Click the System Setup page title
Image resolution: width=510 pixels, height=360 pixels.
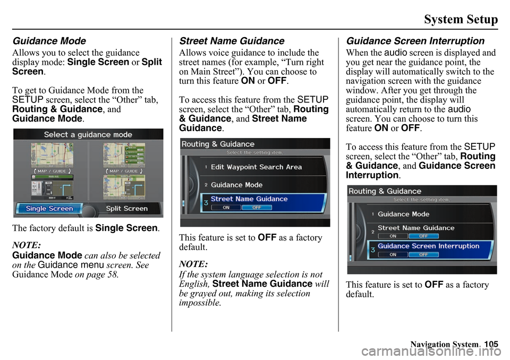click(x=461, y=20)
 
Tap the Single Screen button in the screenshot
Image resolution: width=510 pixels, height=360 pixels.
click(x=49, y=209)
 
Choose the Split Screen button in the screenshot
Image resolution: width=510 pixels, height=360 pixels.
click(x=127, y=209)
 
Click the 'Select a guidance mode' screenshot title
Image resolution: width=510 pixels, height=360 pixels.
click(x=88, y=134)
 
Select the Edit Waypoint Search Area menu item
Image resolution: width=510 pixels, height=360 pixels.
click(x=256, y=167)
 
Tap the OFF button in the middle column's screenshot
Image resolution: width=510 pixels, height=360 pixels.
click(x=256, y=208)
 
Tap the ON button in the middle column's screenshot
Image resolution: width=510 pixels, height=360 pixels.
click(x=226, y=208)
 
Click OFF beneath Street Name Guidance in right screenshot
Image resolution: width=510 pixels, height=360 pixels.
click(x=424, y=236)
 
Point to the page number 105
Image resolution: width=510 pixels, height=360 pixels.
click(x=491, y=345)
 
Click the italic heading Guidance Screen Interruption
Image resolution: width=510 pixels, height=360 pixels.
click(x=415, y=41)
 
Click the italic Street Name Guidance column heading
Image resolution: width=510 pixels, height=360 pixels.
click(x=232, y=41)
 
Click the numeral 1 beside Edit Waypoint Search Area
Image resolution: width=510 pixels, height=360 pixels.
click(x=206, y=167)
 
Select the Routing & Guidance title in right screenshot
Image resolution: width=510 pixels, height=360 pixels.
click(x=385, y=191)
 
